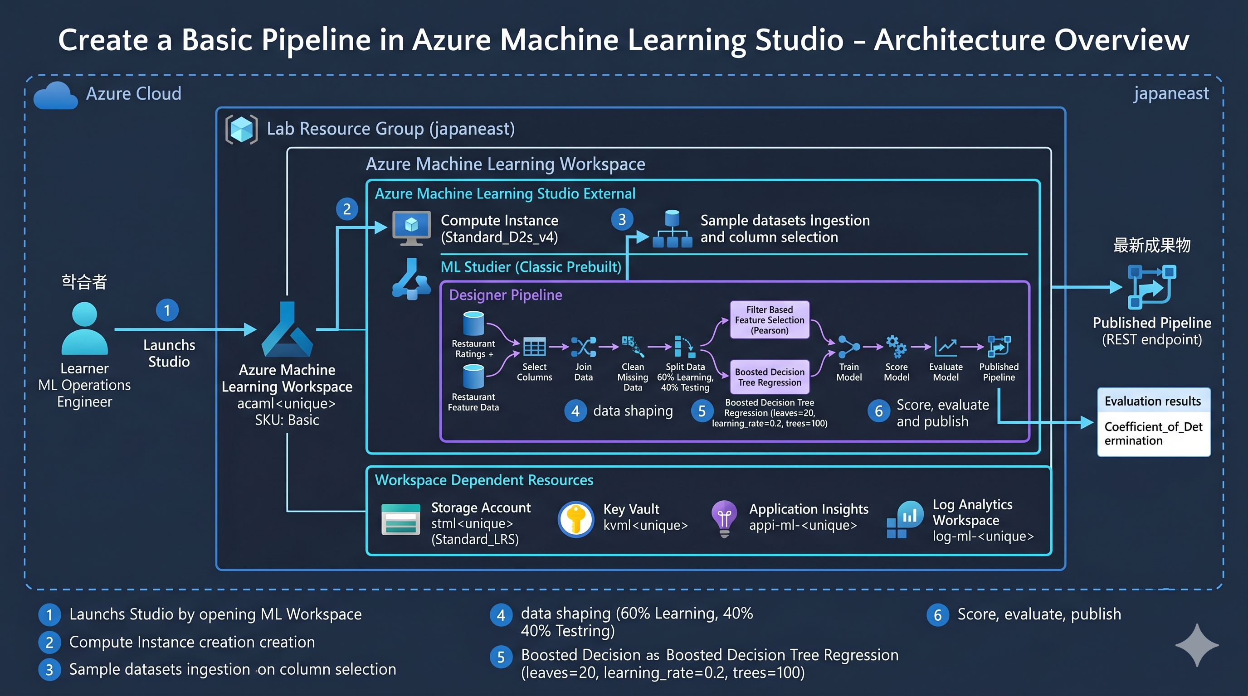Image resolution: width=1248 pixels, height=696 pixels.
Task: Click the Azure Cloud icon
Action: (x=56, y=95)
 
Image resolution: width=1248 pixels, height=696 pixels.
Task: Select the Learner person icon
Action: (x=85, y=328)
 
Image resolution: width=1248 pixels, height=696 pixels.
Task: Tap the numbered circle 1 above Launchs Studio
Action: (x=167, y=310)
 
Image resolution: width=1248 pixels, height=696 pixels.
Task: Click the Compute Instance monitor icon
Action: (x=411, y=228)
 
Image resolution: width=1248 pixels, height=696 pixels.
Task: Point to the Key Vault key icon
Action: (x=575, y=519)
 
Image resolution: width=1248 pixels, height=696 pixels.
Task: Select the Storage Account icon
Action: (x=401, y=519)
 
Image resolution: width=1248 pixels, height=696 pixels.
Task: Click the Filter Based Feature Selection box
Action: (x=769, y=320)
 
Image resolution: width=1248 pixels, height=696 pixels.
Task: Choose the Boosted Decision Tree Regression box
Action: (x=769, y=377)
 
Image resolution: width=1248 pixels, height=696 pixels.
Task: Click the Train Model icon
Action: (x=849, y=347)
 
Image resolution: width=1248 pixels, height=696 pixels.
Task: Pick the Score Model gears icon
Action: (x=896, y=347)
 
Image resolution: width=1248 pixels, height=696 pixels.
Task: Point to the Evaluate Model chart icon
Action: (x=946, y=347)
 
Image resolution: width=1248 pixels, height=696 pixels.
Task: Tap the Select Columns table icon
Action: (x=534, y=347)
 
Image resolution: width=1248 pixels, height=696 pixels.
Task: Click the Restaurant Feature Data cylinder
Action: (x=473, y=376)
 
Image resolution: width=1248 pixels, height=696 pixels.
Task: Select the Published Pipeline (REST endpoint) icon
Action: (x=1151, y=287)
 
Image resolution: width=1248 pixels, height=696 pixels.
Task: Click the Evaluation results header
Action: (x=1154, y=401)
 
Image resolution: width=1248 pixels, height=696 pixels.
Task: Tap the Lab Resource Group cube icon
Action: (x=241, y=129)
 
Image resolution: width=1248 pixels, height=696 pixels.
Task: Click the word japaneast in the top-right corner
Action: (x=1171, y=93)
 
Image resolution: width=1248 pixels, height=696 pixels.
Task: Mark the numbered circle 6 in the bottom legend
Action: (x=938, y=615)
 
